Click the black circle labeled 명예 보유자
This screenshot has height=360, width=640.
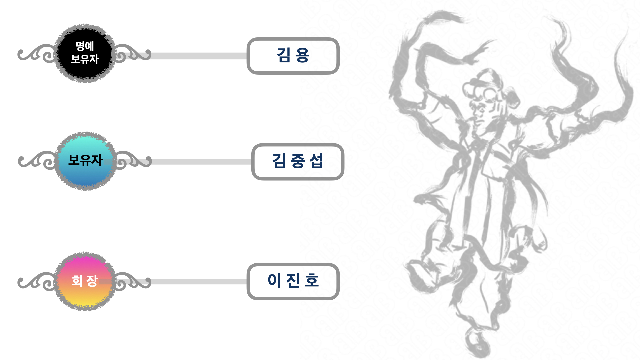click(85, 53)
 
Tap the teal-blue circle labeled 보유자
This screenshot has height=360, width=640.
click(85, 161)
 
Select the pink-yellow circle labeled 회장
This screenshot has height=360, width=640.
click(85, 281)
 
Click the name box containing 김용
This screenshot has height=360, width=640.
click(293, 56)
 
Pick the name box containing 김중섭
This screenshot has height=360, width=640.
click(298, 162)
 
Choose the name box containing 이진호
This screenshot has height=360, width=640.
click(293, 281)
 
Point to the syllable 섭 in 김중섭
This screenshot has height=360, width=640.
click(316, 161)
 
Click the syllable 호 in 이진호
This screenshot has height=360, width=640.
click(312, 280)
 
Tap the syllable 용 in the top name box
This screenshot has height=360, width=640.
click(302, 55)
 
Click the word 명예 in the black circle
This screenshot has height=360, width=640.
click(85, 46)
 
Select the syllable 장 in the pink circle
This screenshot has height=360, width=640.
click(92, 281)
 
